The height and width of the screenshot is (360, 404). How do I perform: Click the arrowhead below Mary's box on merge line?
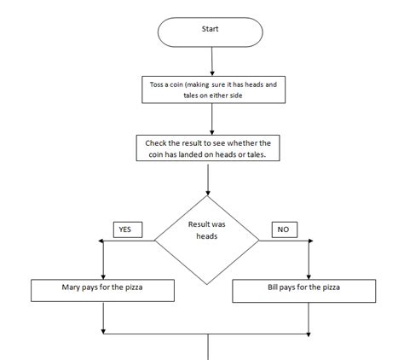point(102,328)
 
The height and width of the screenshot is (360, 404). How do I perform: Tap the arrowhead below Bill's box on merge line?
point(309,328)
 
